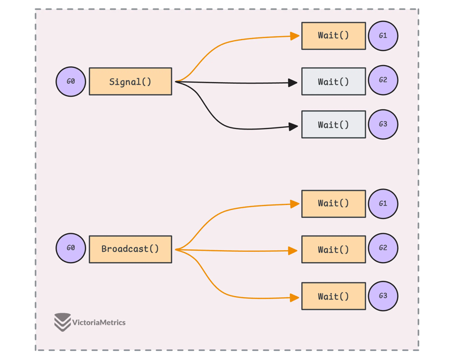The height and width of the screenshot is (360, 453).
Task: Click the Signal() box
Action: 130,82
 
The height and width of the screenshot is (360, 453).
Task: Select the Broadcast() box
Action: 130,249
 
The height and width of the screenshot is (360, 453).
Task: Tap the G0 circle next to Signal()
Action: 71,82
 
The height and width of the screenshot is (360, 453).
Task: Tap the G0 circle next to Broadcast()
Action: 71,248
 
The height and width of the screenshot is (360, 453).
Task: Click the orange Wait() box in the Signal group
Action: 333,36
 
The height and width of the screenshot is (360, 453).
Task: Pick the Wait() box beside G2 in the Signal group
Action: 333,82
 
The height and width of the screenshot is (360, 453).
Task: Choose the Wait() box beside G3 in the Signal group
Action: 333,125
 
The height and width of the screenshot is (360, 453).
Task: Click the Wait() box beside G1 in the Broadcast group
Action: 333,204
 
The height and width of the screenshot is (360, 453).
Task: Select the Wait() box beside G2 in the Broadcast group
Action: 333,250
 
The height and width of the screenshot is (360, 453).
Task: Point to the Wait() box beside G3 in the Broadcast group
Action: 333,296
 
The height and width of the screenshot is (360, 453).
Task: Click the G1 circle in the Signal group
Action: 383,36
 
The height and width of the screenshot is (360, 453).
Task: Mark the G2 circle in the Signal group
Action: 383,80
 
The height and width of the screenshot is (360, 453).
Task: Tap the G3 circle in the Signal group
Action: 383,125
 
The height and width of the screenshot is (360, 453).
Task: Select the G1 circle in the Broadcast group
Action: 383,204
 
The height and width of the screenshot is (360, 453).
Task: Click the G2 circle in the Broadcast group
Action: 383,248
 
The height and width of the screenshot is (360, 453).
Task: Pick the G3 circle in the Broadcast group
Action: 383,296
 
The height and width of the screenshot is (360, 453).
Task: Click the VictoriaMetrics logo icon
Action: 62,322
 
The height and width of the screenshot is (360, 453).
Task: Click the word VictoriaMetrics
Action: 99,323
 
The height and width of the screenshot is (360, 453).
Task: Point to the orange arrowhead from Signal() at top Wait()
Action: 294,36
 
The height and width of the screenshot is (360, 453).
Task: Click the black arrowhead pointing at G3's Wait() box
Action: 293,127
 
